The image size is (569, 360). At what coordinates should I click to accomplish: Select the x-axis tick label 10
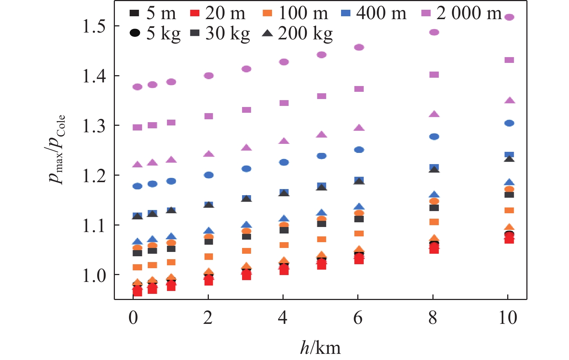click(508, 318)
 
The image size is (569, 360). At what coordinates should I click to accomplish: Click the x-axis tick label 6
click(358, 318)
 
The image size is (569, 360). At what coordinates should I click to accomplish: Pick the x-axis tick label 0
click(133, 318)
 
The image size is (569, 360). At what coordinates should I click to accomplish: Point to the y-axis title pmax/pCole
click(57, 149)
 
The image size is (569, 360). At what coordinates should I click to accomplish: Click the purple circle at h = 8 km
click(434, 33)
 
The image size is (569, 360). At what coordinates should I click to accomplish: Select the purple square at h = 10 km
click(509, 60)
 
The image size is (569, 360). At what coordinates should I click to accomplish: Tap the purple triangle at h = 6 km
click(359, 128)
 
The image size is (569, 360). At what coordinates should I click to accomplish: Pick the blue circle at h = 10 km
click(509, 123)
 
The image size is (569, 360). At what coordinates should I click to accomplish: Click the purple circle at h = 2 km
click(209, 76)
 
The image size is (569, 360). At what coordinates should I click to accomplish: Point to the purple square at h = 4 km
click(284, 103)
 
